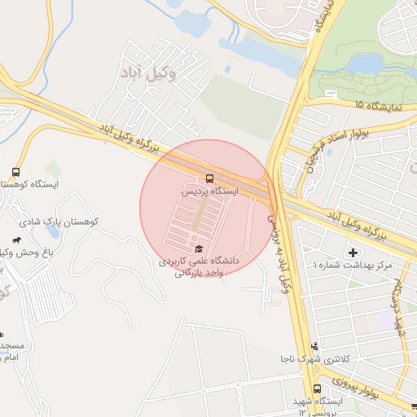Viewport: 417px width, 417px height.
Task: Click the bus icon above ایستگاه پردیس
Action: (210, 178)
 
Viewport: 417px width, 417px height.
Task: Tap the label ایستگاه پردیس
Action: (210, 191)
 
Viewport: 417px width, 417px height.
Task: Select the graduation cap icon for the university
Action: (198, 248)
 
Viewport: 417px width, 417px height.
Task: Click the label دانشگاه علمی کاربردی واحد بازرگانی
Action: (198, 267)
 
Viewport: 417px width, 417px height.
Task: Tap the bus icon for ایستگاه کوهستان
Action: (15, 173)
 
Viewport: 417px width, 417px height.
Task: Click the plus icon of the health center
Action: (353, 252)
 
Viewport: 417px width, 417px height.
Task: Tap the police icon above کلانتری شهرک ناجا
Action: (316, 346)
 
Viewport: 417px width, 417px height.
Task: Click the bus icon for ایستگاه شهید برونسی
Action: (317, 388)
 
